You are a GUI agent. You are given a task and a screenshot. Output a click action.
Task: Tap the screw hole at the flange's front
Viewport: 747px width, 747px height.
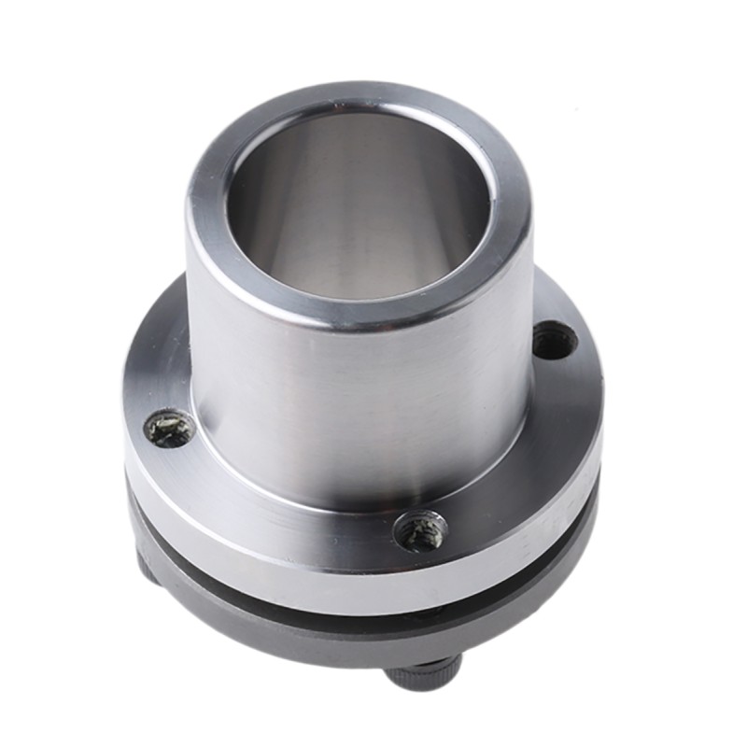pos(419,531)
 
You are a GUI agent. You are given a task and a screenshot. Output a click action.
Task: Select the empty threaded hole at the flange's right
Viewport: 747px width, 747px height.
pos(555,340)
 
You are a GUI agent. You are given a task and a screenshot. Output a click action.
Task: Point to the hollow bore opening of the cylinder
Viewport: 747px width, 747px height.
pos(359,210)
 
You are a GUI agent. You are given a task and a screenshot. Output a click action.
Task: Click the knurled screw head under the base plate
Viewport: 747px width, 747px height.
pos(425,674)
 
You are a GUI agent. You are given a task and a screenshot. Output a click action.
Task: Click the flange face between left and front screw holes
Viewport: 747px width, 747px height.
pos(271,509)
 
